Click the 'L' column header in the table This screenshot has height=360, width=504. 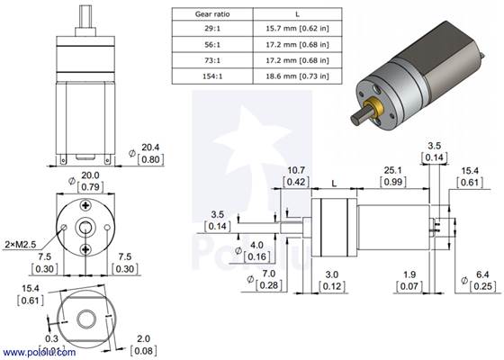(296, 14)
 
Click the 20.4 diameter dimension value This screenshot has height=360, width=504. (151, 146)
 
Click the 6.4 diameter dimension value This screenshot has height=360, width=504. (482, 274)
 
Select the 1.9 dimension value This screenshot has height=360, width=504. (409, 274)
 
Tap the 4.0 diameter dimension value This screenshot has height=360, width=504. (256, 245)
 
